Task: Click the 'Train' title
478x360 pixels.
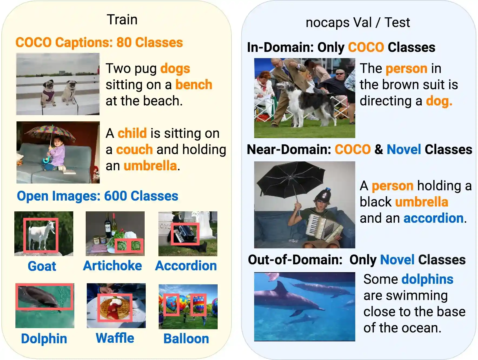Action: pyautogui.click(x=122, y=20)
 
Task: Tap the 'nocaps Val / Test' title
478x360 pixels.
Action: pyautogui.click(x=357, y=22)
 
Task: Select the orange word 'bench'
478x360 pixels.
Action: pyautogui.click(x=194, y=85)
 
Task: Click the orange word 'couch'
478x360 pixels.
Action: pyautogui.click(x=134, y=149)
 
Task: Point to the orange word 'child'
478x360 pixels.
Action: pyautogui.click(x=132, y=133)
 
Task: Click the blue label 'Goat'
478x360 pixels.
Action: pyautogui.click(x=42, y=266)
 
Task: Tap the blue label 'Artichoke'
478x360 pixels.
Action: pyautogui.click(x=112, y=266)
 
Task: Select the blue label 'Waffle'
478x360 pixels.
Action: pyautogui.click(x=115, y=338)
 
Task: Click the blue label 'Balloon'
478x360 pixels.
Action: pyautogui.click(x=186, y=339)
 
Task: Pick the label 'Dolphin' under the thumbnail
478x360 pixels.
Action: pyautogui.click(x=44, y=339)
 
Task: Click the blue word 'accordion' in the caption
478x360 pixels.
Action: pyautogui.click(x=433, y=218)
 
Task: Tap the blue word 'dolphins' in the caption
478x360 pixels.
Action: pyautogui.click(x=427, y=279)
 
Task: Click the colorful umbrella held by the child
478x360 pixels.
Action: pyautogui.click(x=51, y=132)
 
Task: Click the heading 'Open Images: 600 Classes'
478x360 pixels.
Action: pyautogui.click(x=97, y=196)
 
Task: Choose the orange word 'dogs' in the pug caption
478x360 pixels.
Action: pyautogui.click(x=175, y=69)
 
